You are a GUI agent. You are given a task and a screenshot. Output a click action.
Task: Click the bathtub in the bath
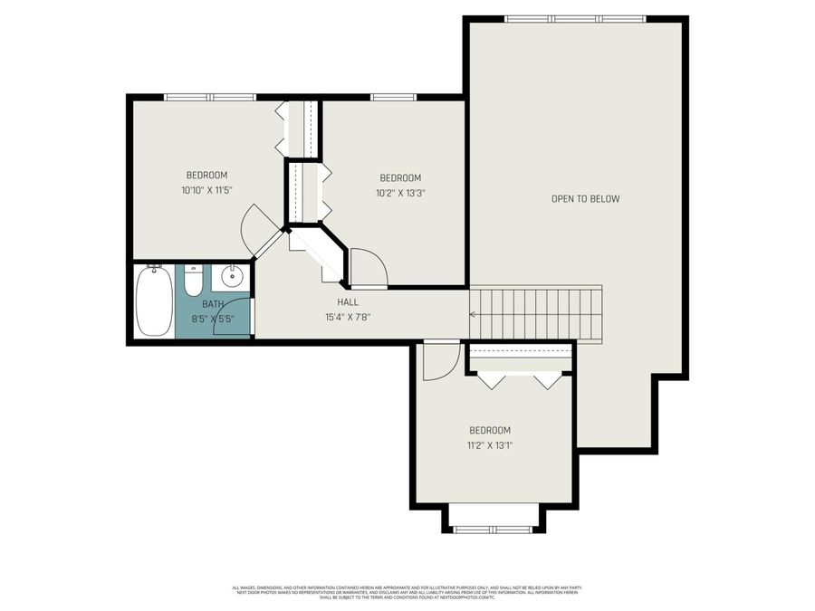point(154,301)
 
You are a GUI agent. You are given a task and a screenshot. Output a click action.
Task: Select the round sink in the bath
point(231,277)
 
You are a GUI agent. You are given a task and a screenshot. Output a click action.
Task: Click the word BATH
point(213,305)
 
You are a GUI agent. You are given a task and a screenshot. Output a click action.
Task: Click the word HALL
point(348,302)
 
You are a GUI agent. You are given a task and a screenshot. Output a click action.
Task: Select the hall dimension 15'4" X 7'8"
point(348,317)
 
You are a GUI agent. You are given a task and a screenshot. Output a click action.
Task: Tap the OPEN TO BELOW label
point(585,199)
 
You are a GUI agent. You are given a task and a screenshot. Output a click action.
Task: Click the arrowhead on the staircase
point(473,314)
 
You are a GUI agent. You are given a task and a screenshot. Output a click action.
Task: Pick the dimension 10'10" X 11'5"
point(206,190)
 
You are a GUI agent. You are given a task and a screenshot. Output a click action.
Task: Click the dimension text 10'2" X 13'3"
point(399,192)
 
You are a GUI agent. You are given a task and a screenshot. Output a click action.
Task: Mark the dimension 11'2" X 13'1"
point(489,444)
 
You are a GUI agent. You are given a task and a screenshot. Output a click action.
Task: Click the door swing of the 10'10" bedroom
point(254,229)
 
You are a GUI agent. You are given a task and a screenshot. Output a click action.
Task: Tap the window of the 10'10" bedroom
point(210,97)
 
